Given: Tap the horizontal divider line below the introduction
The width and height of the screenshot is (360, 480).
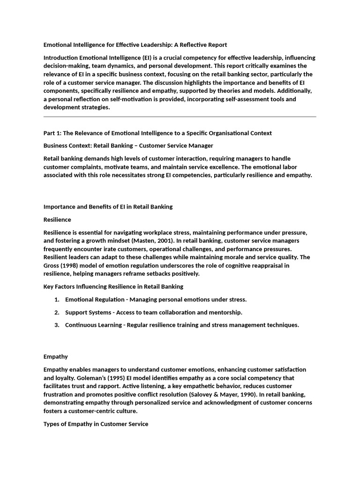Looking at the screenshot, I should pos(180,117).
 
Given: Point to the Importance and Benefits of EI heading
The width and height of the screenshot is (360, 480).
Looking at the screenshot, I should pos(108,207).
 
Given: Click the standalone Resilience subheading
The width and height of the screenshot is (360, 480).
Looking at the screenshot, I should pos(57,219).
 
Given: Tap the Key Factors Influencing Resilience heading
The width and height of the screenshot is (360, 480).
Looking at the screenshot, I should pos(113,286).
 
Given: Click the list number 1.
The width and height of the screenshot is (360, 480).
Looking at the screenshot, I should pos(56,299).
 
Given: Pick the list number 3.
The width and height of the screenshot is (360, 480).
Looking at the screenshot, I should pos(56,325).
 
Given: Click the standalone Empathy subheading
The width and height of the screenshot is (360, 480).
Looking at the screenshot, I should pos(55,357).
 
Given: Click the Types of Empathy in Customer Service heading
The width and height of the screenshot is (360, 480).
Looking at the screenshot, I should pos(96,424).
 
